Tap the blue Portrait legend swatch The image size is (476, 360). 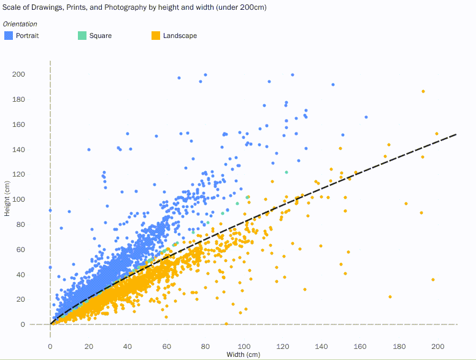tap(9, 36)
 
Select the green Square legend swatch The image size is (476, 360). tap(82, 36)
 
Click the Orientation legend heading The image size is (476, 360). tap(20, 24)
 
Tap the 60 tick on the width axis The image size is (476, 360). tap(166, 346)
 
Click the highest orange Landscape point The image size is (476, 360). tap(423, 91)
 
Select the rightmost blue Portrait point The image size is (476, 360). tap(366, 117)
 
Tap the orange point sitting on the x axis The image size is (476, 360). tap(226, 324)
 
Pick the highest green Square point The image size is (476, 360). tap(286, 172)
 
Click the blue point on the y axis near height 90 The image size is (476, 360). tap(50, 210)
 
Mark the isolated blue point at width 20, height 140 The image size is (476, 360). tap(89, 150)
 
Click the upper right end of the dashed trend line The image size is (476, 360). tap(456, 134)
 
